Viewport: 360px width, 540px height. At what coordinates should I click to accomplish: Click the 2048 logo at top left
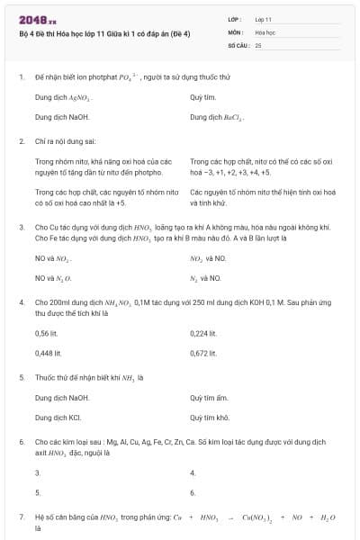(x=31, y=20)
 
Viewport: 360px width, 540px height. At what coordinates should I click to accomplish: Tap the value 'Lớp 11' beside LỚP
(x=264, y=18)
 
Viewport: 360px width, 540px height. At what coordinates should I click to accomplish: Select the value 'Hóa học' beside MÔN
(x=265, y=31)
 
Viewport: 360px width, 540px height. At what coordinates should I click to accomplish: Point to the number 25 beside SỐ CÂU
(x=258, y=44)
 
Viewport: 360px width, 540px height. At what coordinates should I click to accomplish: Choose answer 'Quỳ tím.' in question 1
(x=203, y=96)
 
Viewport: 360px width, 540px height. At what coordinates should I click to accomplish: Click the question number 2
(x=21, y=141)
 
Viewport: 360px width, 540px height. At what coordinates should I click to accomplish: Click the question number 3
(x=21, y=229)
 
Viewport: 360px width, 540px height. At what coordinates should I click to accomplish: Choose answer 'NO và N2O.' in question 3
(x=53, y=279)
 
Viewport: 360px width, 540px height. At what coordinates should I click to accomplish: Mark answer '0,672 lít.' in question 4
(x=204, y=353)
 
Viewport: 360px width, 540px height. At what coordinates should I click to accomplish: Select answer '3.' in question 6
(x=38, y=472)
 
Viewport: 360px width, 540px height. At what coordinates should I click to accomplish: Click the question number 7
(x=21, y=517)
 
